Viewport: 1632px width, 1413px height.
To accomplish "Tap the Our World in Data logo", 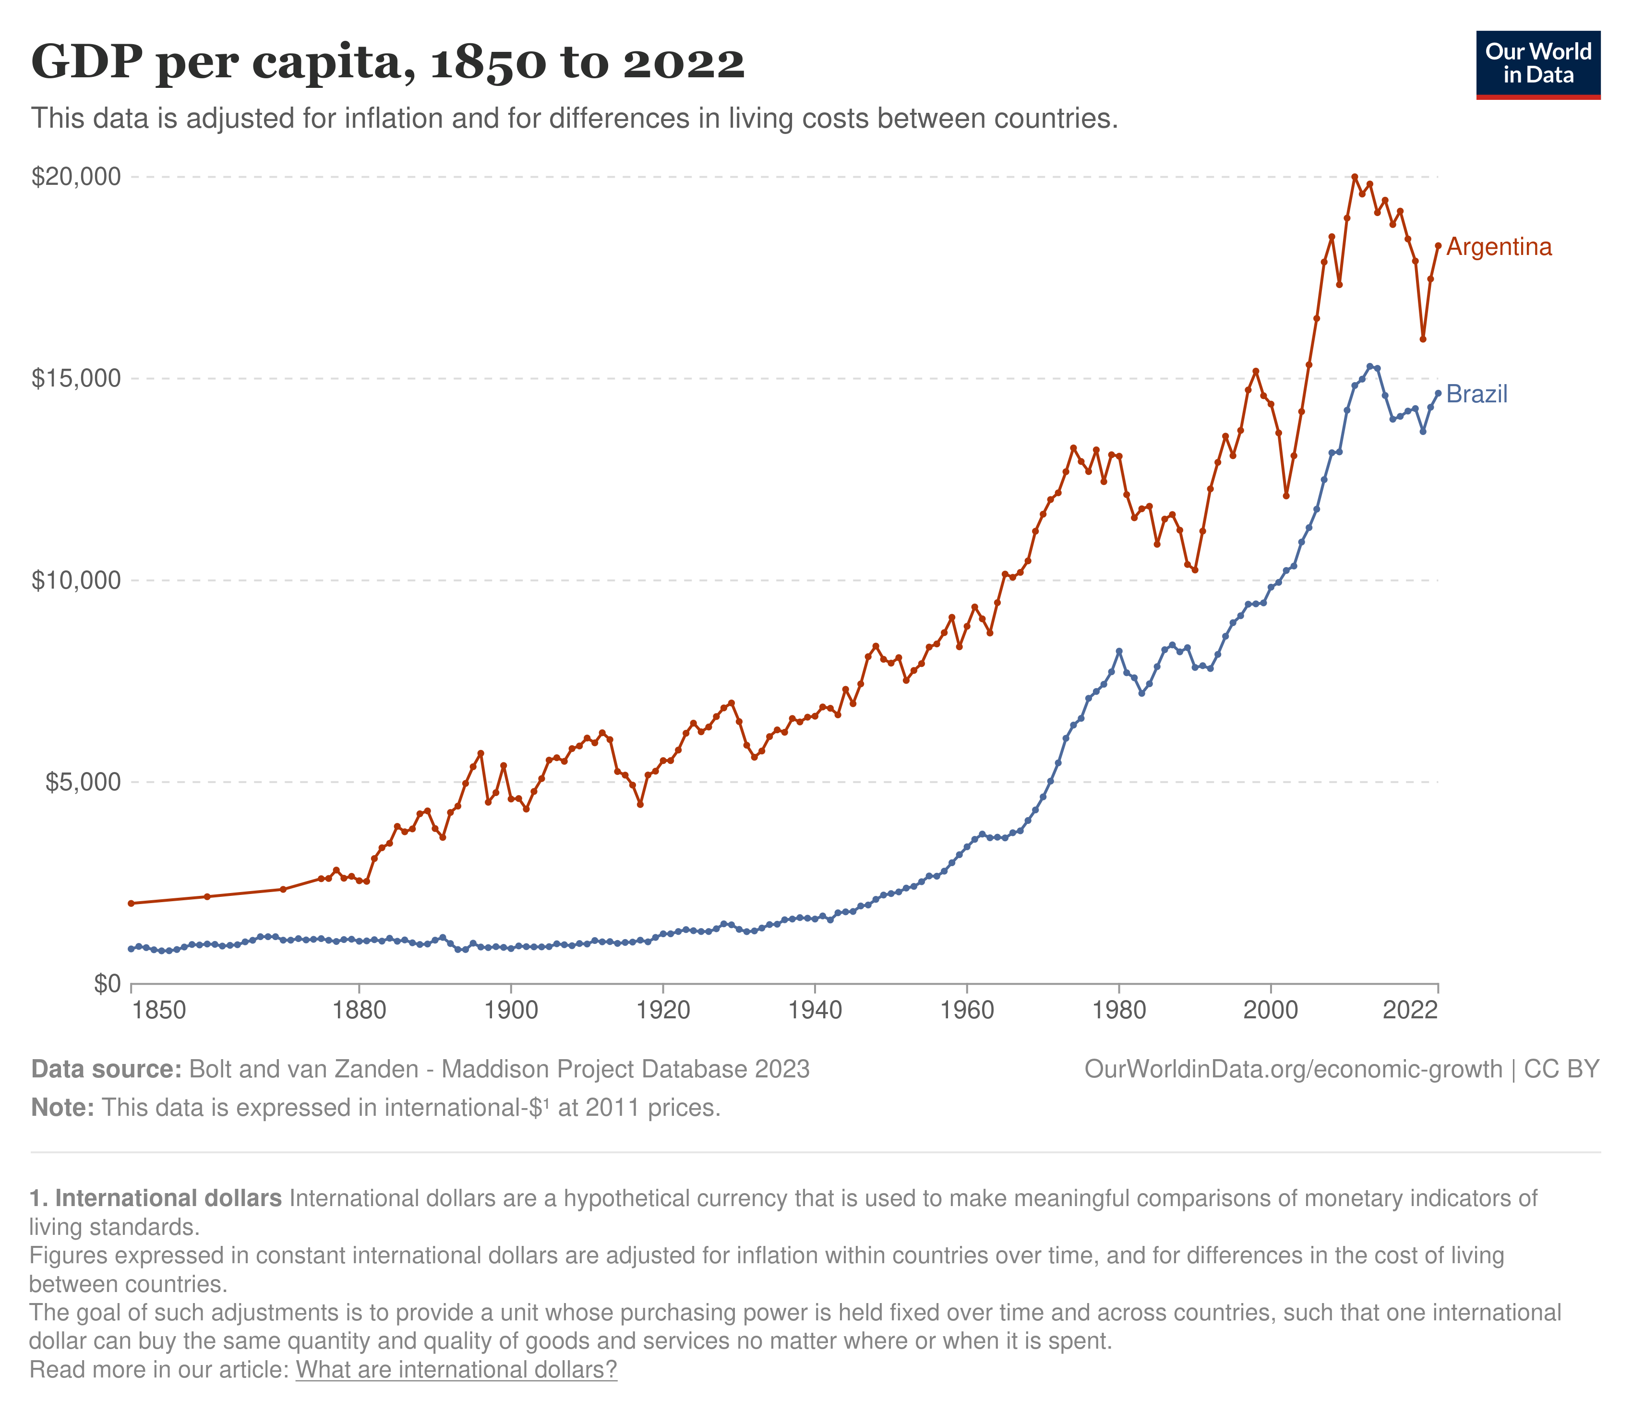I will (1537, 65).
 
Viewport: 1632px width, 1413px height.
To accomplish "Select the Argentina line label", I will (1499, 248).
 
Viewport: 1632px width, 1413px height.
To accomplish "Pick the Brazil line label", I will (1476, 394).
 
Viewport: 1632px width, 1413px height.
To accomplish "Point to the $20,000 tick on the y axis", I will (76, 177).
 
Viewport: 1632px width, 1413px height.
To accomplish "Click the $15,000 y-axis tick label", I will (76, 378).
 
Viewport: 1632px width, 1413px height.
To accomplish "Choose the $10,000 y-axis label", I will (76, 581).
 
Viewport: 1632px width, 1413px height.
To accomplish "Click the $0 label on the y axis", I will (107, 985).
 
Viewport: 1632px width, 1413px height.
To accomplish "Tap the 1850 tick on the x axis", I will (159, 1011).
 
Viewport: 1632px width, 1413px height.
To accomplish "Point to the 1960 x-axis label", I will (967, 1011).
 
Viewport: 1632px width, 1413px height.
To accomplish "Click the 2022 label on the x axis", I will (1410, 1011).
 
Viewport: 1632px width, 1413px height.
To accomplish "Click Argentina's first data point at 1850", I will (131, 903).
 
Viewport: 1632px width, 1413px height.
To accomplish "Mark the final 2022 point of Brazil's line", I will (1438, 393).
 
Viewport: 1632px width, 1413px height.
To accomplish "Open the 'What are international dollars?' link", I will (456, 1370).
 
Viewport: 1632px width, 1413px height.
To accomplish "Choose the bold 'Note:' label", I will (62, 1108).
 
